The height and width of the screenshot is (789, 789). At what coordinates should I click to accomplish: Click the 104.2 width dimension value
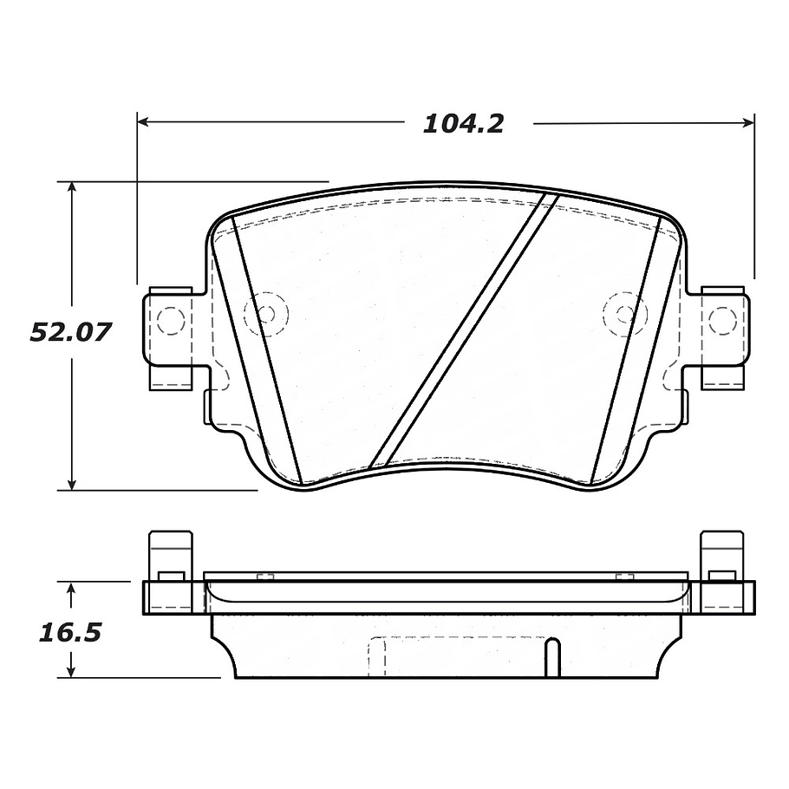pyautogui.click(x=463, y=124)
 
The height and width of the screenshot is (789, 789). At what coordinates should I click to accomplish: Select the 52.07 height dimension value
pyautogui.click(x=71, y=332)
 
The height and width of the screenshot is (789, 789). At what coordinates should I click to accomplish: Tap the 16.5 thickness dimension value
pyautogui.click(x=70, y=632)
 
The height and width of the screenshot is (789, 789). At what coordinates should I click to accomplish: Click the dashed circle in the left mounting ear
pyautogui.click(x=171, y=321)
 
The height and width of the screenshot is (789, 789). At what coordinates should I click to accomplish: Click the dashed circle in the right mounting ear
pyautogui.click(x=721, y=321)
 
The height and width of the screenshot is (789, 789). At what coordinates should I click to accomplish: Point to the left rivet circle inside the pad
pyautogui.click(x=263, y=313)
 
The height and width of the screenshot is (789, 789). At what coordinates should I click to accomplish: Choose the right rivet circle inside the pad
pyautogui.click(x=623, y=313)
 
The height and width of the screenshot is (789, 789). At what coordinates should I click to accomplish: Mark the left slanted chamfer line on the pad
pyautogui.click(x=267, y=350)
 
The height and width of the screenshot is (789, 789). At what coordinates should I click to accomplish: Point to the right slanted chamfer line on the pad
pyautogui.click(x=626, y=350)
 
